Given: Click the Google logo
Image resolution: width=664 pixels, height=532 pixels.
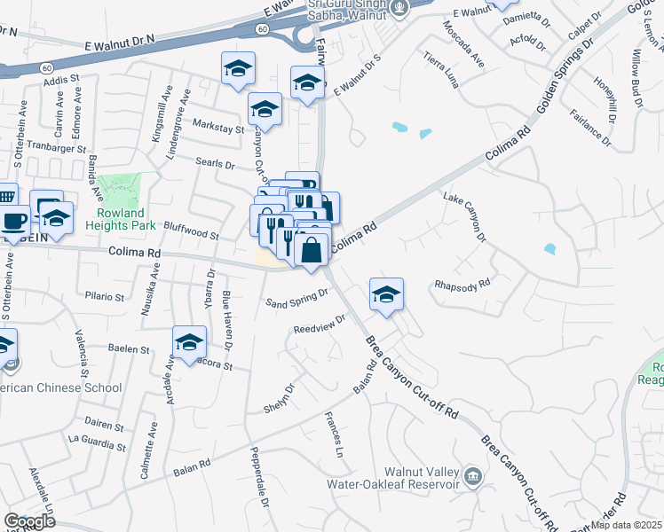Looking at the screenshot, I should coord(29,521).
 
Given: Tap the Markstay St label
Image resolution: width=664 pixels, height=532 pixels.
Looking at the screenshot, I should coord(217,129).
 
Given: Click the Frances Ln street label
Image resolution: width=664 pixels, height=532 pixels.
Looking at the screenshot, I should coord(334,434).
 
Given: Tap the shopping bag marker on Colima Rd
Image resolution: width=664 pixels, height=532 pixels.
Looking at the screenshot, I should coord(312,251).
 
